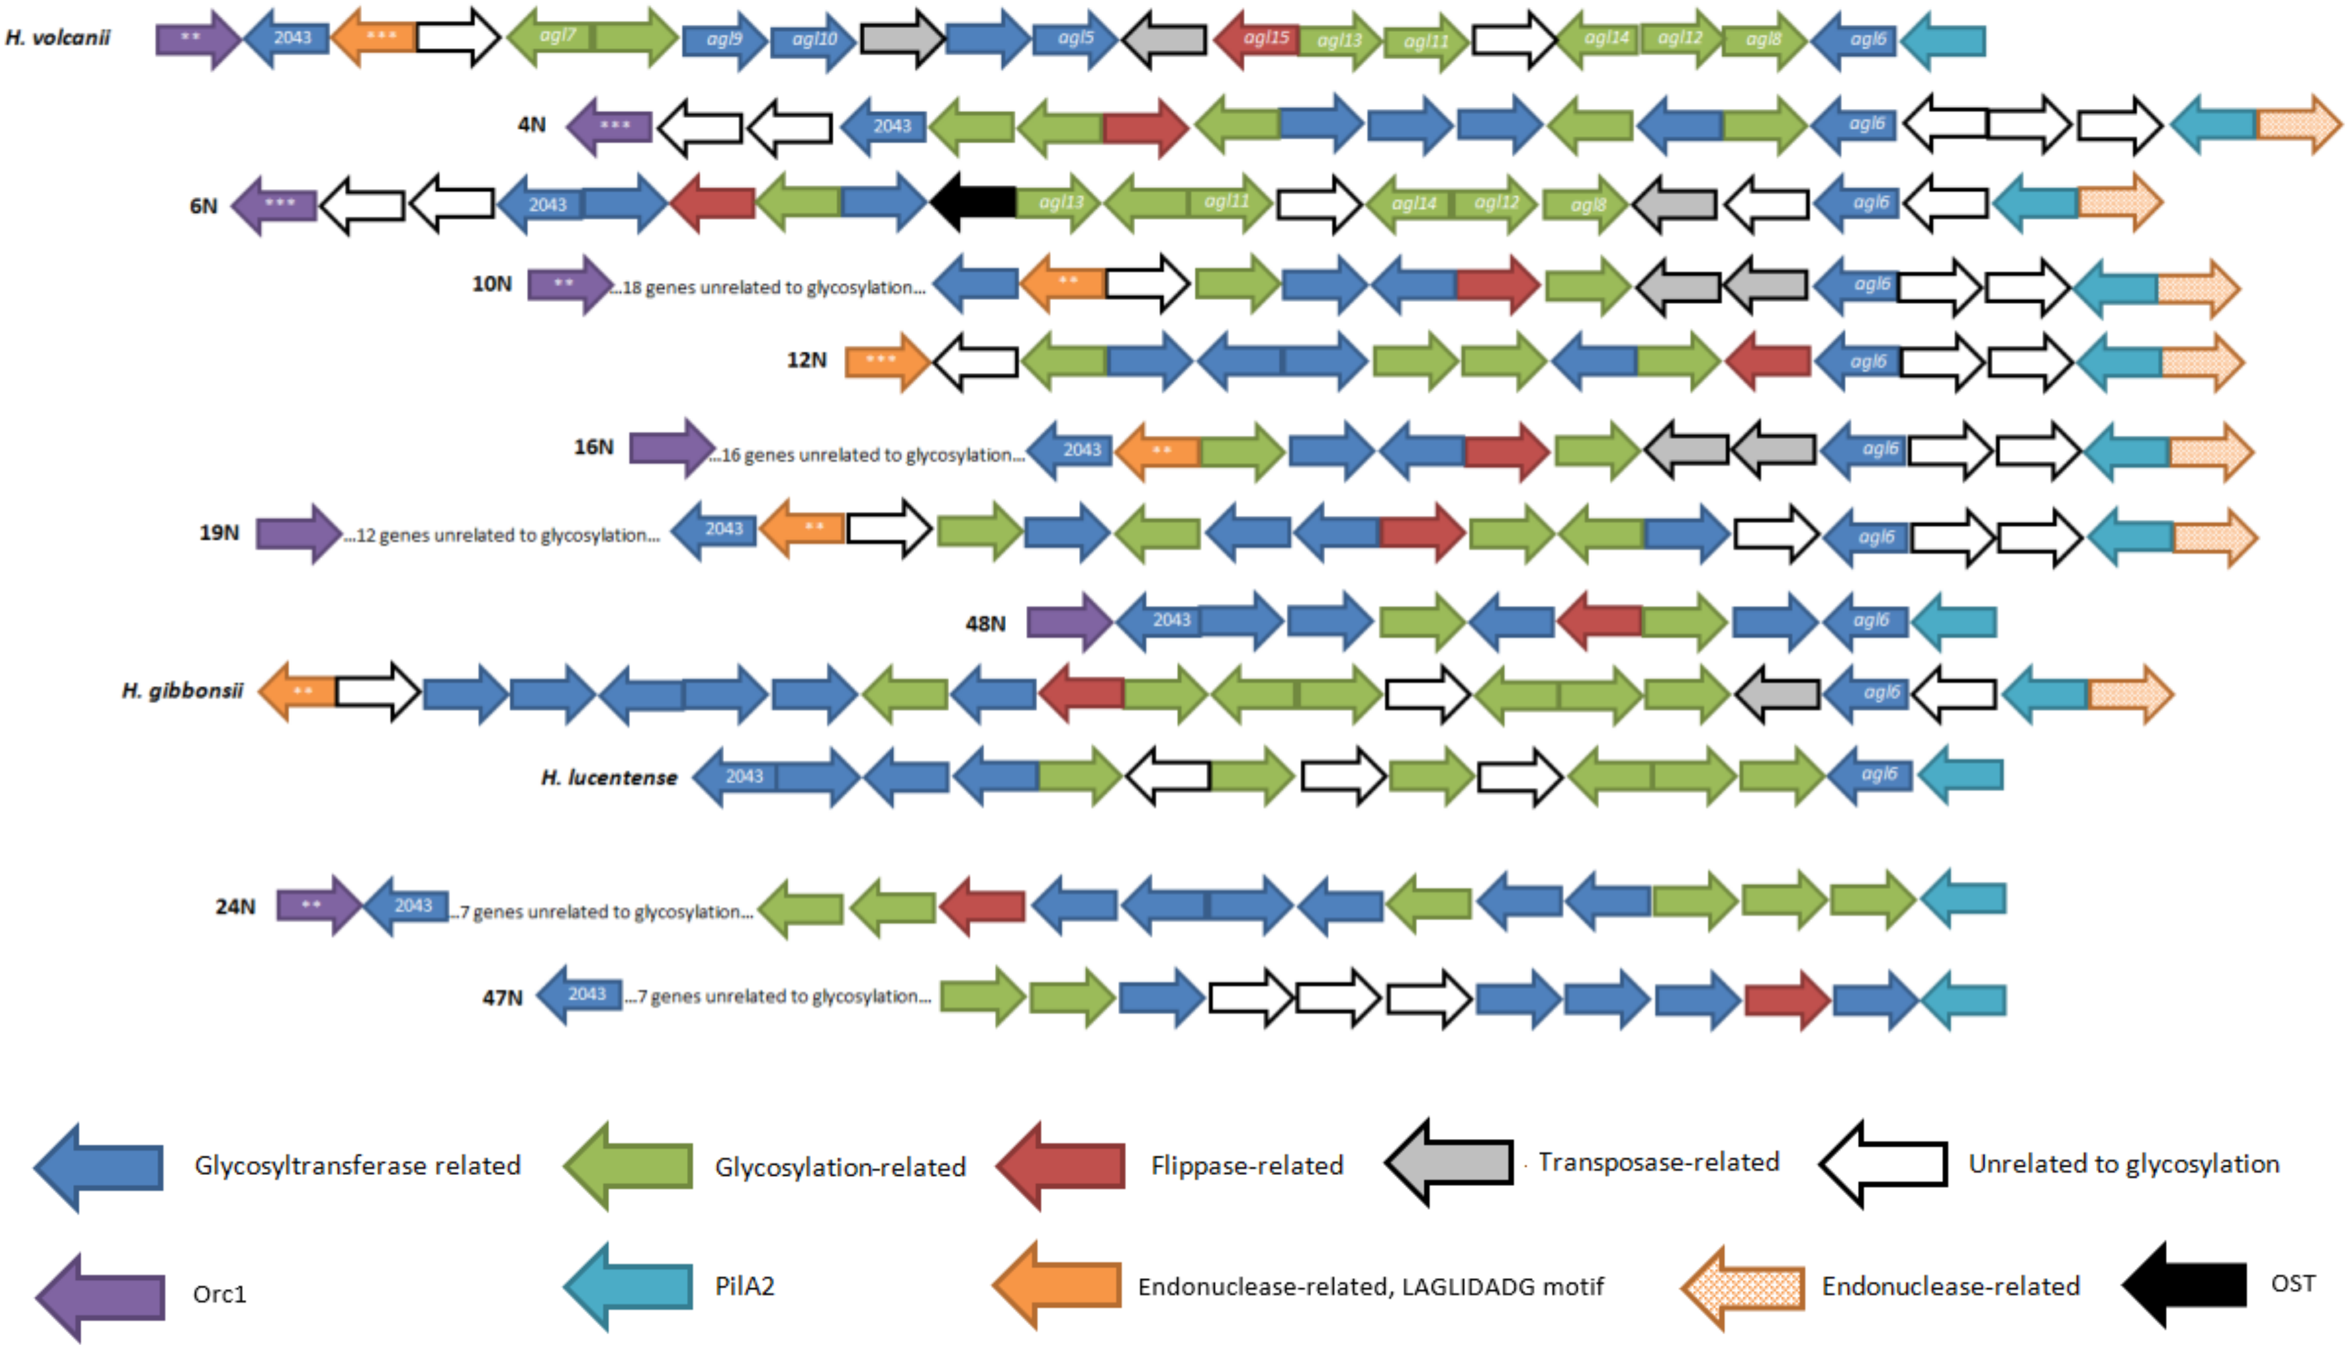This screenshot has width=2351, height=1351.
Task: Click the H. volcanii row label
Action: coord(57,38)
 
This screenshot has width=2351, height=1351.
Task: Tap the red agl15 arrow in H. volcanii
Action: coord(1258,39)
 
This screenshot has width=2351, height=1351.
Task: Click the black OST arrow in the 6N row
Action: coord(975,201)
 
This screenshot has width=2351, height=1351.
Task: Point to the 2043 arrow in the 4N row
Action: coord(887,125)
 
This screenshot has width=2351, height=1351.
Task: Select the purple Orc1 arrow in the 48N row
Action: coord(1067,621)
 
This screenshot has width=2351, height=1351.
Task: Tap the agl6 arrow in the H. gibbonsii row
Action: coord(1868,692)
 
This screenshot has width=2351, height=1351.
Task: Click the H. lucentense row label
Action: coord(609,778)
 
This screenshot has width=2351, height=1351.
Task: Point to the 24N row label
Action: coord(235,906)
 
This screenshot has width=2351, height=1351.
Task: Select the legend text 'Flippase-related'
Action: coord(1247,1165)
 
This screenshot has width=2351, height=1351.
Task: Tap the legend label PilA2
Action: coord(744,1286)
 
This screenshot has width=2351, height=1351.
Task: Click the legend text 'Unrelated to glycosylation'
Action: coord(2123,1164)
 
